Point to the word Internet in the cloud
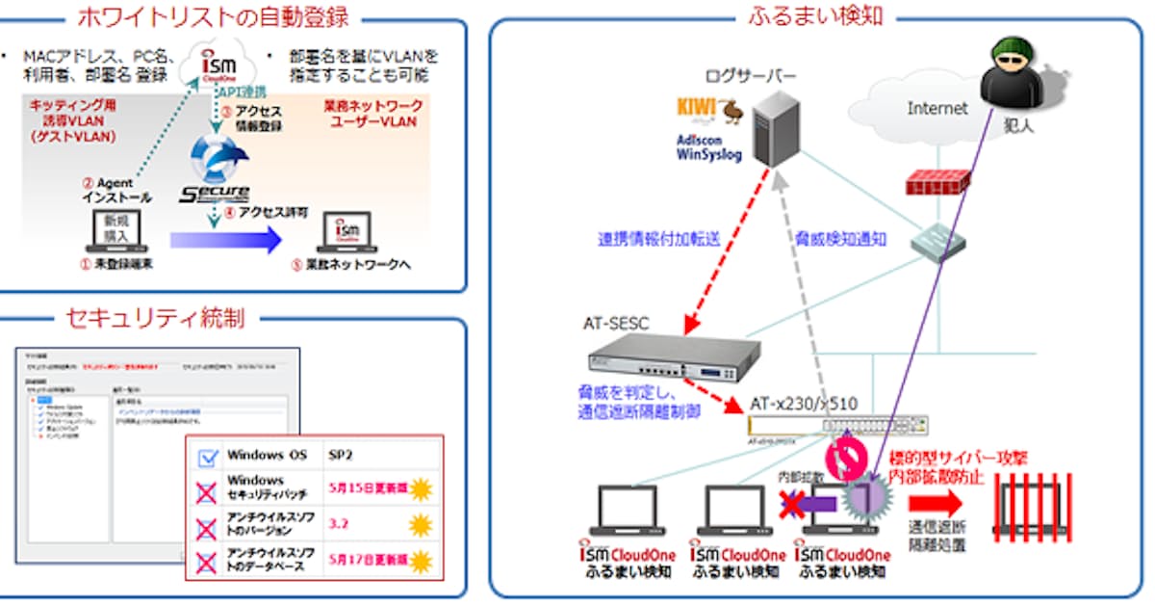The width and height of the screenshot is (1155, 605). click(937, 109)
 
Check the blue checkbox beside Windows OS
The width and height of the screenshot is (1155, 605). click(207, 457)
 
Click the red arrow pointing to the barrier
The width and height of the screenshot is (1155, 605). click(934, 502)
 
